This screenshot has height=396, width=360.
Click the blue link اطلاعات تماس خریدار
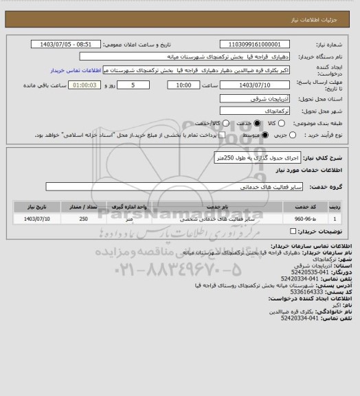pos(76,70)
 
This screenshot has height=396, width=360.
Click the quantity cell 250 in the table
pos(83,219)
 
